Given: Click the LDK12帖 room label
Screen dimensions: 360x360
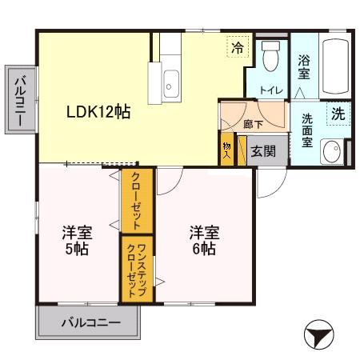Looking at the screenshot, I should tap(98, 112).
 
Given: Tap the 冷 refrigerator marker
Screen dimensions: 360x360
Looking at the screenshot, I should tap(237, 48).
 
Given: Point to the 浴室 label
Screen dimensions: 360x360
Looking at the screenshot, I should tap(304, 66).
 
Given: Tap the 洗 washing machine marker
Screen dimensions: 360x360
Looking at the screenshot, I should tap(338, 114).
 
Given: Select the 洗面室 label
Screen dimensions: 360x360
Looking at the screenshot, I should tap(307, 129).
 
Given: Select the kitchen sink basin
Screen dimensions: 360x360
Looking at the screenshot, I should tap(171, 80).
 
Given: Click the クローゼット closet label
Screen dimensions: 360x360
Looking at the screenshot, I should tap(136, 201).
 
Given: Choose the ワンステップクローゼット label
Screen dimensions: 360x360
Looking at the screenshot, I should tap(136, 270).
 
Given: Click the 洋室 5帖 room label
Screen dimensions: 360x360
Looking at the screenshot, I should tap(78, 241).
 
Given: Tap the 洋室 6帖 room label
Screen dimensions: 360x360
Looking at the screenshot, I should tap(202, 241).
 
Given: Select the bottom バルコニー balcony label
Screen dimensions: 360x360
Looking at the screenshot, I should tap(91, 324).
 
